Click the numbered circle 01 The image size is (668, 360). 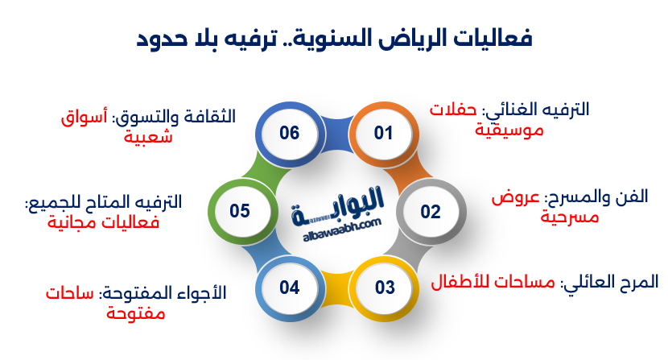[x=384, y=133]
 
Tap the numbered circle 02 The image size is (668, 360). [x=431, y=212]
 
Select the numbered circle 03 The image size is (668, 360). [x=384, y=288]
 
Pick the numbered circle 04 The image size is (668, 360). [x=290, y=288]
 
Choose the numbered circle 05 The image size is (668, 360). [x=240, y=211]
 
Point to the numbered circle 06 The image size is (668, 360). [x=290, y=133]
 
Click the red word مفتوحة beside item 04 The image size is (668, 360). [x=136, y=312]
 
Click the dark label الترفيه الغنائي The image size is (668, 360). [x=544, y=110]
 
